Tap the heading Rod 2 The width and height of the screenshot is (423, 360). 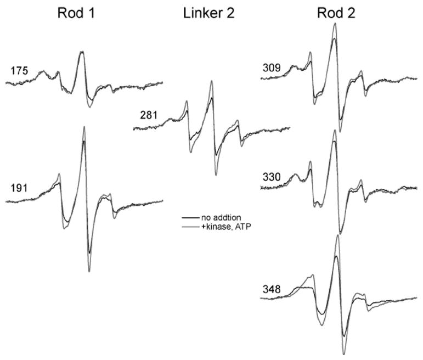[331, 15]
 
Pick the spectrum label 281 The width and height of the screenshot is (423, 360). [148, 116]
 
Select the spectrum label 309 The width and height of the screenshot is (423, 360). [271, 69]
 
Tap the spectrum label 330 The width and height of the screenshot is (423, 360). [271, 177]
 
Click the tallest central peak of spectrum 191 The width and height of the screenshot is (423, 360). [84, 127]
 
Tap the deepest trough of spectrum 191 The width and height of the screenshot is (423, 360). [89, 271]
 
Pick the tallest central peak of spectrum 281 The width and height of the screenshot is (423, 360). [210, 82]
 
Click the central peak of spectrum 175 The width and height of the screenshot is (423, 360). [82, 52]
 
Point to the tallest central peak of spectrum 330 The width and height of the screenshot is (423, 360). [334, 130]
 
